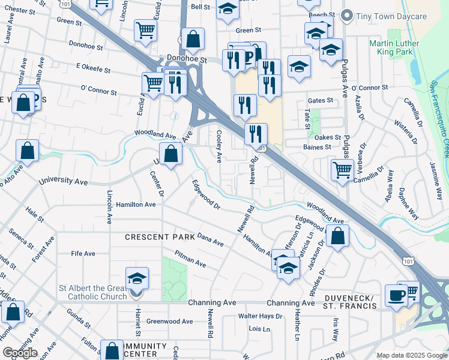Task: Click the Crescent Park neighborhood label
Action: pos(160,237)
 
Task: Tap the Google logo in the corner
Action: pos(20,353)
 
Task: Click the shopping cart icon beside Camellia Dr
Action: pos(342,170)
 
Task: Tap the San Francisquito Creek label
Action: pos(441,120)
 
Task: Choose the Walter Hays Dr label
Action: pos(260,316)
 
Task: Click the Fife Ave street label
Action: pos(83,254)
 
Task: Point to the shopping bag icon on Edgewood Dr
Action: pos(339,238)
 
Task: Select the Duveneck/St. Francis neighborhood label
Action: pos(355,302)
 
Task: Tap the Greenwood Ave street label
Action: pos(169,322)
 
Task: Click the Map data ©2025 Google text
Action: pos(412,355)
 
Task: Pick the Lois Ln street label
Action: pos(259,329)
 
